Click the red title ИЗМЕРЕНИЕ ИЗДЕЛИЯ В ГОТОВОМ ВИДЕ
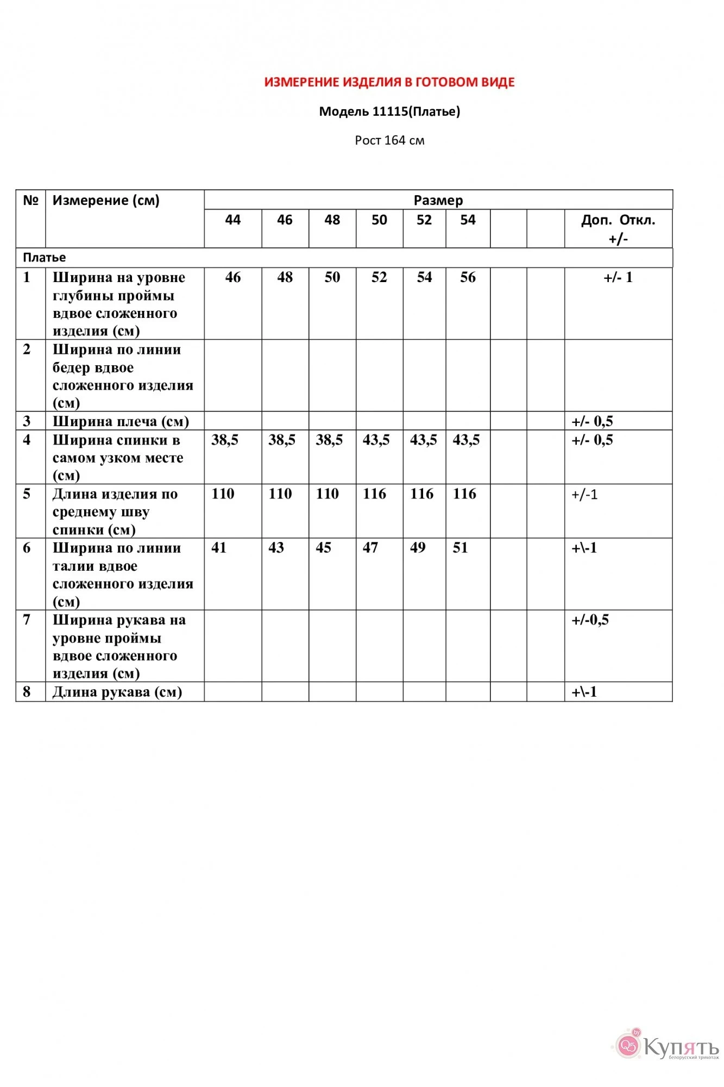point(389,83)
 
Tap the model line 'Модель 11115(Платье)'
point(389,112)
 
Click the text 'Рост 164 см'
point(389,141)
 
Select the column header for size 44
point(232,220)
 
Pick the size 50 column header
point(379,220)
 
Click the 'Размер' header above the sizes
point(438,201)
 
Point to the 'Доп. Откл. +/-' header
point(618,229)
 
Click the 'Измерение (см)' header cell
point(106,201)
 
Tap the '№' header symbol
point(30,201)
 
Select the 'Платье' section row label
point(45,258)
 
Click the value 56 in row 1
point(468,278)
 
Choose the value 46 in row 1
point(232,278)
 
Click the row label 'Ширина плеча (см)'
point(121,421)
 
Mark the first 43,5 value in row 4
point(376,440)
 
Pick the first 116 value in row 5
point(374,494)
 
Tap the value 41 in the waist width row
point(219,548)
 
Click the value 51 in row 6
point(460,548)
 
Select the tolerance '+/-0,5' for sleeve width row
point(590,620)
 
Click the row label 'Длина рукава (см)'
point(117,692)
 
